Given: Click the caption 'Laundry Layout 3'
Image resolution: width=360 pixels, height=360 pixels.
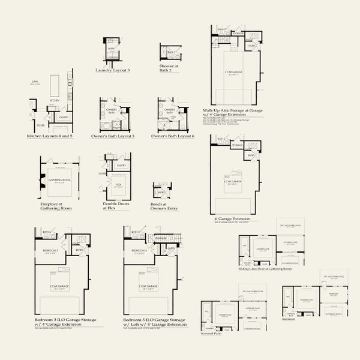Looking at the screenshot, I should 112,70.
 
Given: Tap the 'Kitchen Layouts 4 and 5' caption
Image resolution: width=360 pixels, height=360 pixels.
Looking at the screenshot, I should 50,136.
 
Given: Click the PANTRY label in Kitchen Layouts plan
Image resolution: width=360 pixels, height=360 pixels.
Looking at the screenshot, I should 62,118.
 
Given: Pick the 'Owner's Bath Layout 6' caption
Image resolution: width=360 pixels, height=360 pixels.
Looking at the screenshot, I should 173,136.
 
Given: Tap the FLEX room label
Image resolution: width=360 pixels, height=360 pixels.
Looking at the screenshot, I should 119,185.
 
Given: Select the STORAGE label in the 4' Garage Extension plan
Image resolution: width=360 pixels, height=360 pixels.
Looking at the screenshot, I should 237,145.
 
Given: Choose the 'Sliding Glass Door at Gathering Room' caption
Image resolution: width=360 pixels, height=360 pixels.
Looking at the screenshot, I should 264,269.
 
